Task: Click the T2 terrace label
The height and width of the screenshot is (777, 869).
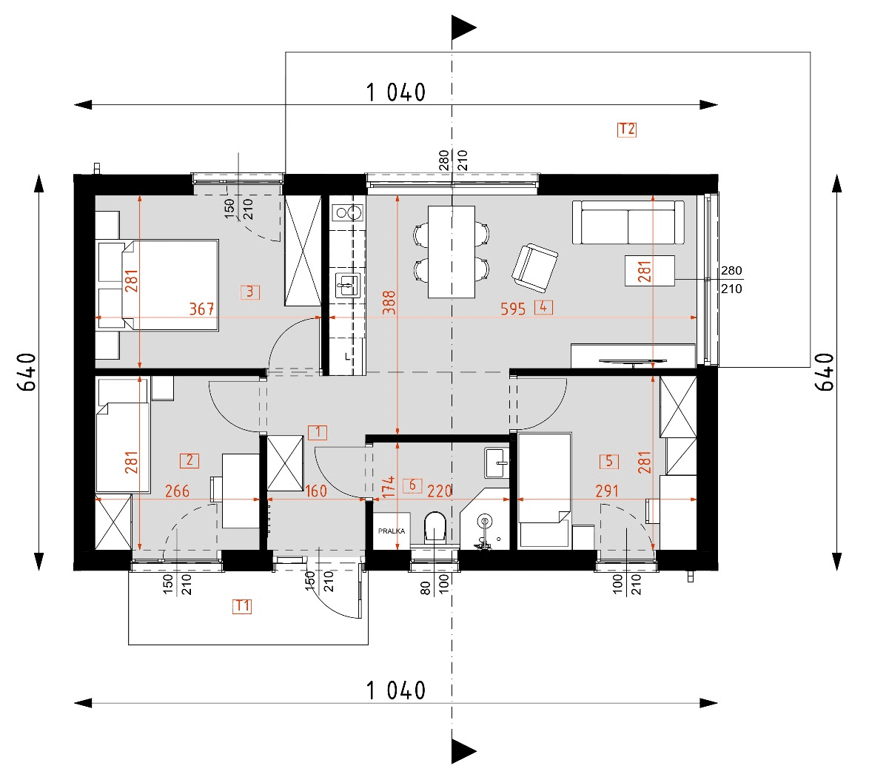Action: [x=626, y=129]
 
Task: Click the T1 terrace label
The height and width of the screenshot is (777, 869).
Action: [x=242, y=607]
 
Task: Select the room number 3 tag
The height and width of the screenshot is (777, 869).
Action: [x=249, y=292]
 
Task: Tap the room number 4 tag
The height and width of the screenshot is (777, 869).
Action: [x=543, y=307]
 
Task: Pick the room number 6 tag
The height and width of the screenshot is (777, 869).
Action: [x=412, y=486]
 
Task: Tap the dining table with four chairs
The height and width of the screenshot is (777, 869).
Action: [x=452, y=252]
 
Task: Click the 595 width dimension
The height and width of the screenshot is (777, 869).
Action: [x=513, y=309]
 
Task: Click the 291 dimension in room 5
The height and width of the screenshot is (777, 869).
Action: [x=607, y=491]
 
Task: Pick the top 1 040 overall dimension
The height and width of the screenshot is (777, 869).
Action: [x=396, y=93]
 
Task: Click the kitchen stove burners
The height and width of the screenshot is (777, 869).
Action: [x=347, y=214]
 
